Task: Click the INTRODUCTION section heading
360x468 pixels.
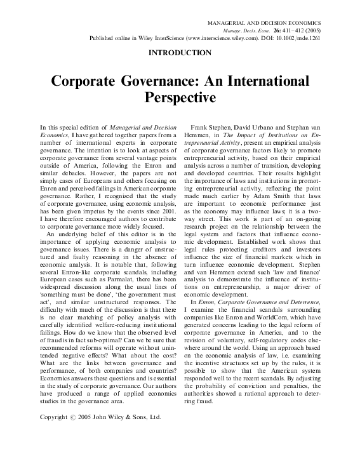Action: [x=180, y=53]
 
